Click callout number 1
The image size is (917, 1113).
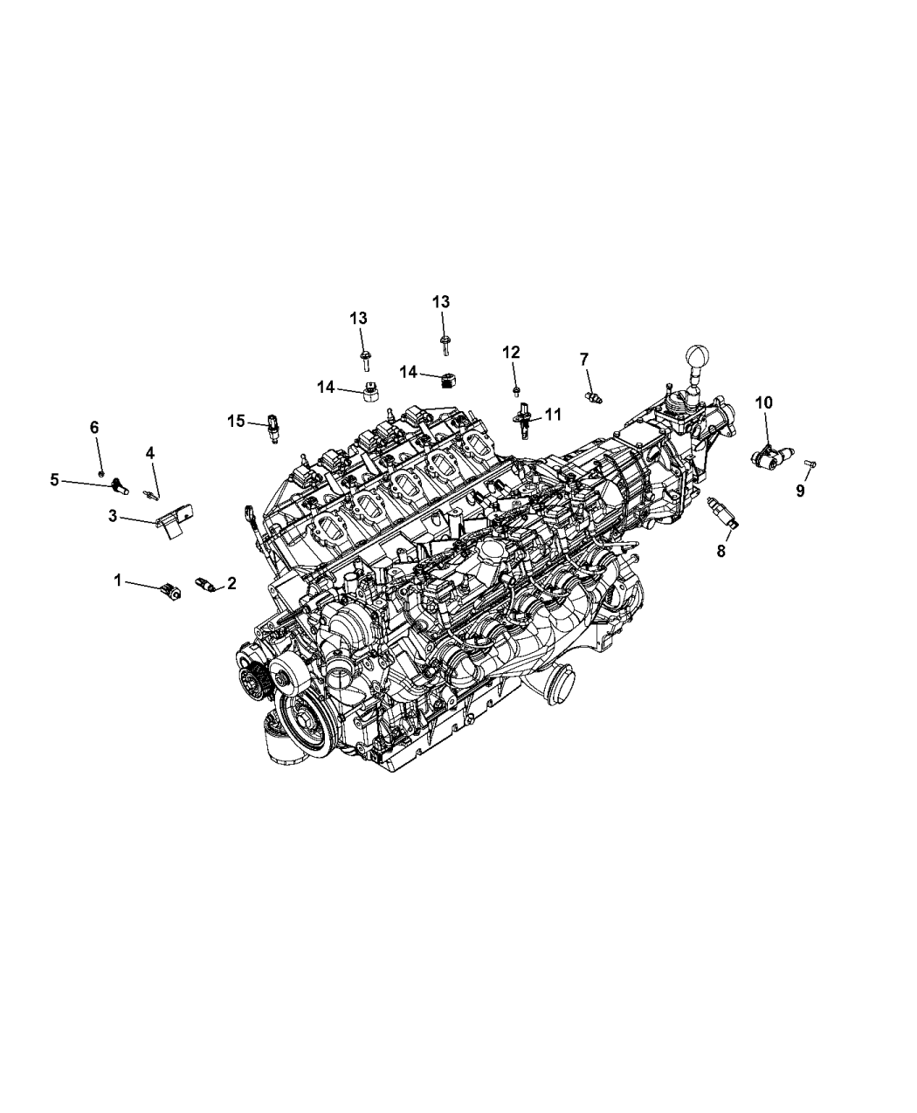point(119,579)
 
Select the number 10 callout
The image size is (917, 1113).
point(763,402)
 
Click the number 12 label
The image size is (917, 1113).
point(511,352)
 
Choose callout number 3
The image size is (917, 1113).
point(113,516)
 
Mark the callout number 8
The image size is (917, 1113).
point(721,552)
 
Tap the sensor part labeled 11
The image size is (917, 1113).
point(525,418)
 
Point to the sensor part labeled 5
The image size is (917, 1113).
point(121,484)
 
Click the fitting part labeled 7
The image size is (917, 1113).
point(596,397)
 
